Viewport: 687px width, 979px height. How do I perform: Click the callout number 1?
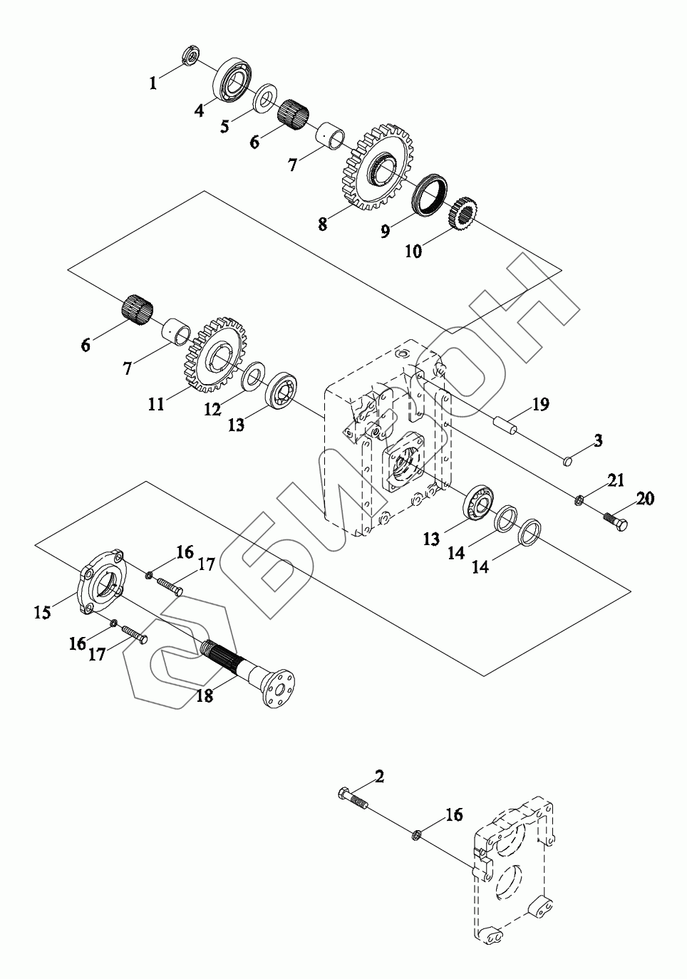pyautogui.click(x=153, y=83)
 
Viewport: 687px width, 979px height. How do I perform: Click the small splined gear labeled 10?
pyautogui.click(x=463, y=212)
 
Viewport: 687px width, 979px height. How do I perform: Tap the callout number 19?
pyautogui.click(x=540, y=405)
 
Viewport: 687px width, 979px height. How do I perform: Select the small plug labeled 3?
pyautogui.click(x=567, y=463)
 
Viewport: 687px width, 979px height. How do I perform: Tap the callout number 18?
pyautogui.click(x=205, y=696)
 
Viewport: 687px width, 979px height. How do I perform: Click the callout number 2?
pyautogui.click(x=380, y=776)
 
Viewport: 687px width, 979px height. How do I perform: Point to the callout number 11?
pyautogui.click(x=156, y=404)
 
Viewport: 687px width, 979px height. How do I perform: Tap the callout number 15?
pyautogui.click(x=43, y=612)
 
